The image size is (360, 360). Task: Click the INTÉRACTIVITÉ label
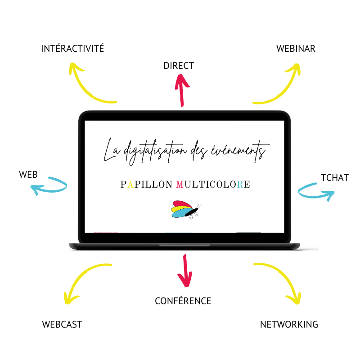coord(72,49)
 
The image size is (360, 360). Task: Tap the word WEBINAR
coord(296,49)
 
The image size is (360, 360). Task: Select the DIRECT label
coord(179,66)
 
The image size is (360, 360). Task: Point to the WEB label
coord(28,175)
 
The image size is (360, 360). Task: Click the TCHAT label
coord(335,177)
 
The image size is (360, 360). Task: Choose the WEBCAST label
coord(62,324)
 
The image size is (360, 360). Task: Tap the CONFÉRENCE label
coord(183,301)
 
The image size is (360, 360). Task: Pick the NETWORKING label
coord(289,324)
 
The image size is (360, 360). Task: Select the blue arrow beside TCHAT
coord(315,191)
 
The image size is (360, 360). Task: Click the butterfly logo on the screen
coord(185,209)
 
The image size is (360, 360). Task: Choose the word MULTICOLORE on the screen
coord(213,184)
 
